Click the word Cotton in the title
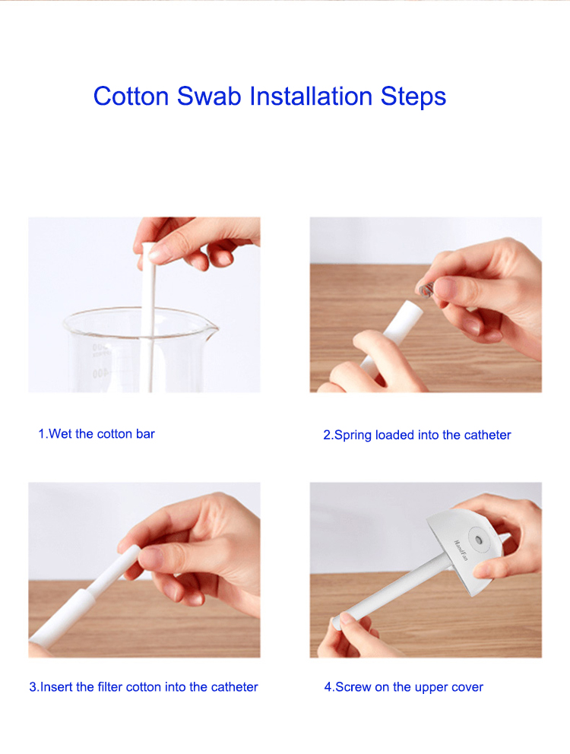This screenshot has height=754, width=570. click(x=131, y=97)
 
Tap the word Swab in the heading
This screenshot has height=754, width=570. click(x=209, y=97)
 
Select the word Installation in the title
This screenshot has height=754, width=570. click(x=311, y=97)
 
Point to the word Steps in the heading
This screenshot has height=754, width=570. click(x=413, y=97)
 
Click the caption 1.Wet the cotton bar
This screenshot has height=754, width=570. click(x=97, y=434)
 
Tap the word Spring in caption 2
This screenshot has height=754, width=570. click(x=353, y=436)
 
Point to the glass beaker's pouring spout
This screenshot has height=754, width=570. click(x=211, y=329)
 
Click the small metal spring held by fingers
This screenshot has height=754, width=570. click(x=426, y=290)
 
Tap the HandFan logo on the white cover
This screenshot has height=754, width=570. click(x=461, y=550)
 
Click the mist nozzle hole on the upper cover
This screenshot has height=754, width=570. click(x=478, y=540)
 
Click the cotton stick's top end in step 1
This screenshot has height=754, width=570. click(x=148, y=247)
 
